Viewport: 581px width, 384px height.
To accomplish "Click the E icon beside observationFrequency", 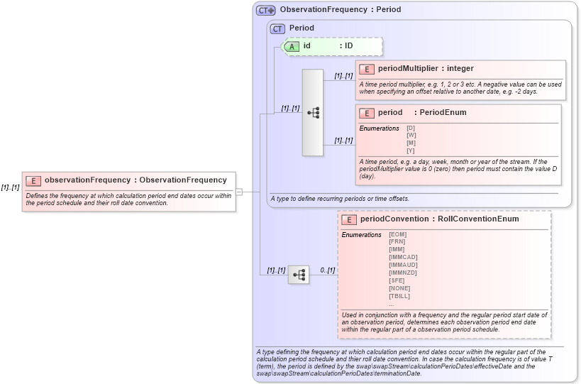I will coord(33,180).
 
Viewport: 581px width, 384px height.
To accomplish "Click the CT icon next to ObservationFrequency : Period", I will coord(266,10).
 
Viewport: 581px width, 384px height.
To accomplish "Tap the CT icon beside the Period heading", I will coord(277,28).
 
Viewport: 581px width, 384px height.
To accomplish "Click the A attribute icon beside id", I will coord(292,46).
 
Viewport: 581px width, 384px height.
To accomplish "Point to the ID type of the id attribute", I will coord(348,46).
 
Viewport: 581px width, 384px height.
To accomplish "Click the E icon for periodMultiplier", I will coord(367,69).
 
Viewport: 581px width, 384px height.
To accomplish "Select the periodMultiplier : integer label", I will coord(426,69).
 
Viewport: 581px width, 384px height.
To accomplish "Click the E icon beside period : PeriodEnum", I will coord(367,113).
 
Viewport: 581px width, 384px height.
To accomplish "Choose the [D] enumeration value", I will coord(411,128).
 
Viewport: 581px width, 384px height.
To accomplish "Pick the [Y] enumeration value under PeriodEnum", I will coord(411,150).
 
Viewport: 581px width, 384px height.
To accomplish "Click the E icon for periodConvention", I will coord(349,219).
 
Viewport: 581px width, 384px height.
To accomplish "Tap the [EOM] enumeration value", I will coord(397,234).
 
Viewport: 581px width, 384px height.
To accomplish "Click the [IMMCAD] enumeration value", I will coord(403,257).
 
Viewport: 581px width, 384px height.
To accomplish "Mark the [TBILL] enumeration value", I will coord(399,296).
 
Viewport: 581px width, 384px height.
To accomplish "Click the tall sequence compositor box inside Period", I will coord(313,113).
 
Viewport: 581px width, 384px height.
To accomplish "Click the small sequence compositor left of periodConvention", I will coord(299,274).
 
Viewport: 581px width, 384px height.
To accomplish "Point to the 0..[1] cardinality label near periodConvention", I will coord(327,270).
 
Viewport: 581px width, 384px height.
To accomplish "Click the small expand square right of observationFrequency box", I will coord(239,192).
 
